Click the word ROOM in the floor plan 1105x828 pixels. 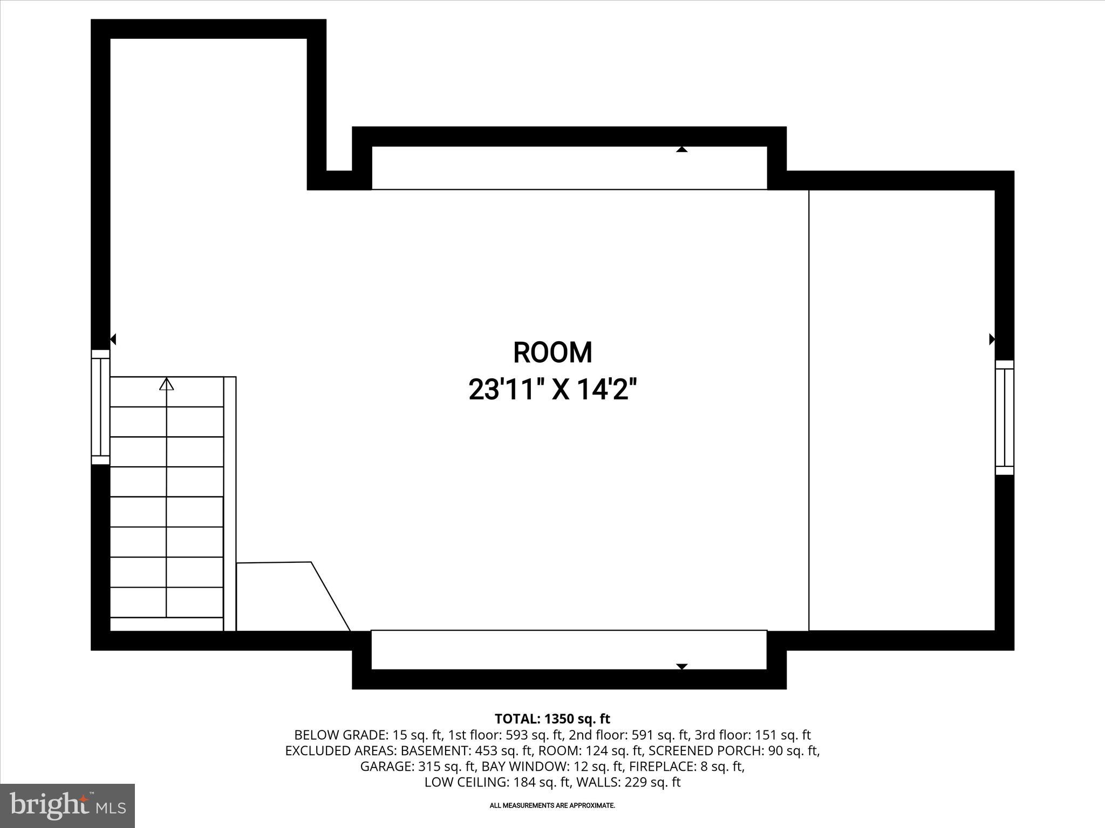pos(552,353)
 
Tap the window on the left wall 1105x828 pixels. pos(100,407)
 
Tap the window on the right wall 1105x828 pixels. pos(1004,418)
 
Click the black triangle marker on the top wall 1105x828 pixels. pos(682,149)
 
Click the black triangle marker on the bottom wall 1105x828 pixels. pos(682,666)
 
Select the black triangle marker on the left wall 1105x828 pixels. pos(113,339)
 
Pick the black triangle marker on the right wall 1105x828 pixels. pos(992,339)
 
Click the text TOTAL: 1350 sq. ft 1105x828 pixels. pos(552,719)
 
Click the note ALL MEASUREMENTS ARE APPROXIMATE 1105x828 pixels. pos(552,805)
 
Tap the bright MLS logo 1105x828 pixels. pos(67,805)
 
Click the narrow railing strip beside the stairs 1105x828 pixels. pos(230,503)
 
